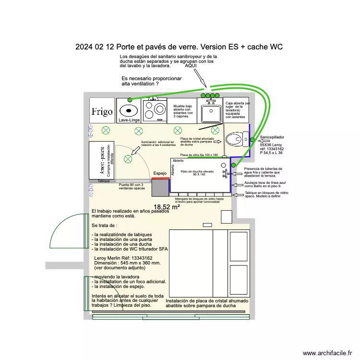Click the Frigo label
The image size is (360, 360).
pyautogui.click(x=102, y=112)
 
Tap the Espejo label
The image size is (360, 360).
pyautogui.click(x=160, y=173)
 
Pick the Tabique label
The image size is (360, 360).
pyautogui.click(x=104, y=181)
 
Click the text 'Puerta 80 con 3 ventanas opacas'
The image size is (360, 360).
pyautogui.click(x=131, y=187)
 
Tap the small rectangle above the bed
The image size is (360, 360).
pyautogui.click(x=207, y=225)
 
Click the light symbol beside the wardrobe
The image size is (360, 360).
pyautogui.click(x=128, y=159)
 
